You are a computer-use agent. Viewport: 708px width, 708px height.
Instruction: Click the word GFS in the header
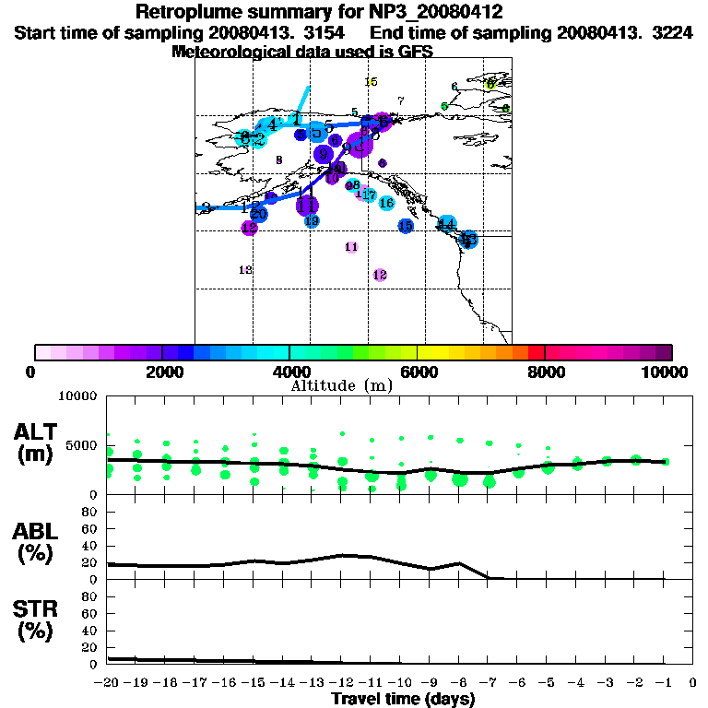pos(417,53)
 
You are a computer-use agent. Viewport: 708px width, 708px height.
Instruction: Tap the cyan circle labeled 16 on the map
pos(386,203)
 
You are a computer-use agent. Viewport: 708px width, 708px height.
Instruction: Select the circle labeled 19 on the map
pos(312,221)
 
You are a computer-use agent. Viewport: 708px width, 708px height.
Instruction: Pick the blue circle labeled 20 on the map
pos(259,214)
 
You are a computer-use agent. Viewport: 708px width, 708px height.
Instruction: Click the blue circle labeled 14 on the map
pos(447,223)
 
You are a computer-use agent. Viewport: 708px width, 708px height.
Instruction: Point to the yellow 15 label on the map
pos(372,82)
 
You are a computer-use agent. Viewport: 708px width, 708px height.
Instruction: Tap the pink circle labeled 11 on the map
pos(351,247)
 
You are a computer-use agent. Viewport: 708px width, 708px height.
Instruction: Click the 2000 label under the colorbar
pos(162,372)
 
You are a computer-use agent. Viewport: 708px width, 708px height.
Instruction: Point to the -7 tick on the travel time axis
pos(489,684)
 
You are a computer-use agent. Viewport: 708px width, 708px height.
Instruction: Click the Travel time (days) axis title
pos(403,699)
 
